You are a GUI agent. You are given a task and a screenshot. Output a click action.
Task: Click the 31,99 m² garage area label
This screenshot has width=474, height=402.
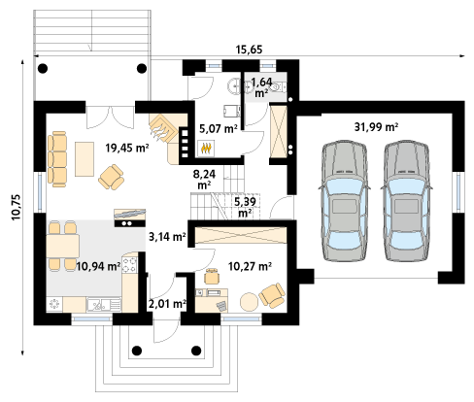pos(376,127)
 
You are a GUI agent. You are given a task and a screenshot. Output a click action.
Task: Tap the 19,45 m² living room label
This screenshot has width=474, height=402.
pos(127,148)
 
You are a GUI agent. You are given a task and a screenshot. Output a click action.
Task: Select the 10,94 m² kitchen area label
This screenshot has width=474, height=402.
pos(98,266)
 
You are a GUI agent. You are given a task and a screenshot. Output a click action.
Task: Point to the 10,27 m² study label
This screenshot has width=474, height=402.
pos(250,266)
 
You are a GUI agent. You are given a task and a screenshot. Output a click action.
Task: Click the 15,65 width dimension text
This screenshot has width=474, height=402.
pos(249,50)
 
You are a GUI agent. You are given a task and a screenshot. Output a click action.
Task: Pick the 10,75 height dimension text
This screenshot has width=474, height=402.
pos(17,207)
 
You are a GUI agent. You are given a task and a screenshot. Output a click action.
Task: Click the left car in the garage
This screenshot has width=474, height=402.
pos(345,201)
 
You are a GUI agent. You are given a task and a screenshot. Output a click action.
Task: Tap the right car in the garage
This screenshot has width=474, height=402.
pos(407,201)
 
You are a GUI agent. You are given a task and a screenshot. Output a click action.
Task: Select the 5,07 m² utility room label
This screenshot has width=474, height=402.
pos(219,129)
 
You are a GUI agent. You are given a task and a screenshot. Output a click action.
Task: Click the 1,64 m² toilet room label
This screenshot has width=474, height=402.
pos(261,87)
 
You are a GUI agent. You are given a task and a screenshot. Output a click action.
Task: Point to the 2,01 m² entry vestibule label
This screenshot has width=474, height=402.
pos(167,304)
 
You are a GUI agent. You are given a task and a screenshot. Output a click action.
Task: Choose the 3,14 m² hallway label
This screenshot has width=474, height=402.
pos(167,237)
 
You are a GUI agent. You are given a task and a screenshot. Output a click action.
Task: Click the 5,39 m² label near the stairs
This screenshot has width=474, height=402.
pos(245,207)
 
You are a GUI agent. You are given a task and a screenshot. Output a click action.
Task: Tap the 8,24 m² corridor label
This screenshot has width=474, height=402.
pos(204,180)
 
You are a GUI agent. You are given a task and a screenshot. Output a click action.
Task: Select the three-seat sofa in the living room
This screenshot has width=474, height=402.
pos(57,159)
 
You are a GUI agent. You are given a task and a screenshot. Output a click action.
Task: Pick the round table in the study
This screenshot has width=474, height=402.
pos(250,302)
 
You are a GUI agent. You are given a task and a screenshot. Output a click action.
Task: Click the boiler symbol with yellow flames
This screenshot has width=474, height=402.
pos(206,149)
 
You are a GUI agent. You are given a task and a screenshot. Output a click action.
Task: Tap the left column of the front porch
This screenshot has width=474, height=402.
pos(137,351)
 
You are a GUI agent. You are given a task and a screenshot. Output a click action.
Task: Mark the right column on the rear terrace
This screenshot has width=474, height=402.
pos(142,68)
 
